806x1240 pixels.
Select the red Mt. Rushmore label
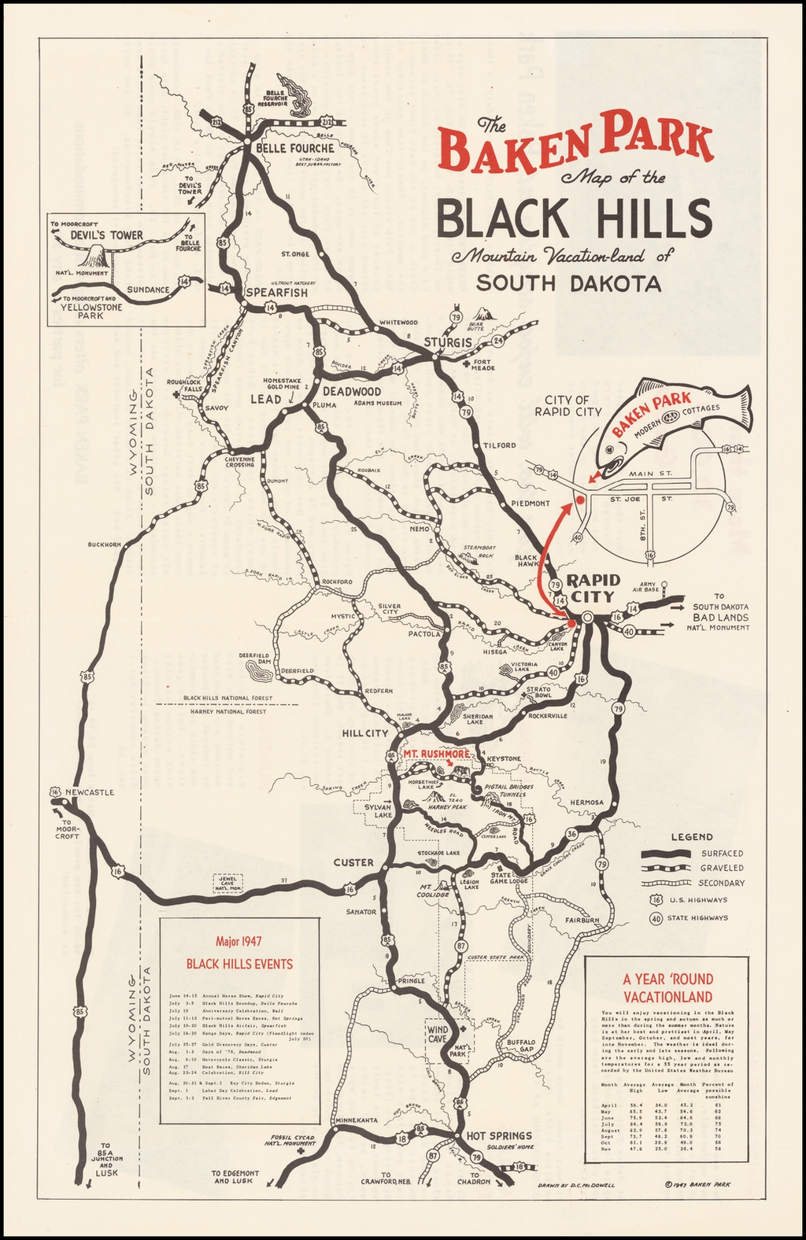click(x=436, y=754)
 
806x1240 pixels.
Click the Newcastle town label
click(x=91, y=792)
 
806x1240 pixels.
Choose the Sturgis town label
click(x=447, y=342)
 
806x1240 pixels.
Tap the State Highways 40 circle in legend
click(x=655, y=917)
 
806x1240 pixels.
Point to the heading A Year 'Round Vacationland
click(x=667, y=988)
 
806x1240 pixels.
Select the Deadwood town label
click(x=352, y=391)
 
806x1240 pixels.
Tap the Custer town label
click(x=353, y=862)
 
